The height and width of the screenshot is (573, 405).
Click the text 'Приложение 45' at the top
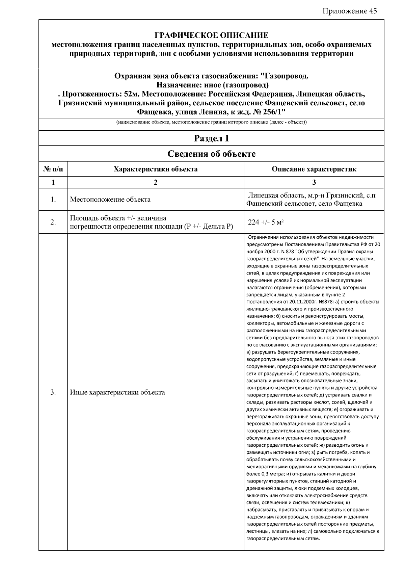(x=350, y=11)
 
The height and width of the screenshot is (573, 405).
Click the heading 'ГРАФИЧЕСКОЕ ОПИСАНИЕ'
(x=211, y=35)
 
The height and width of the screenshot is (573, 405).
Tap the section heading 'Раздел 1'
(x=211, y=138)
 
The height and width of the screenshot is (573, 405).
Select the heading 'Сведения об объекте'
(x=211, y=154)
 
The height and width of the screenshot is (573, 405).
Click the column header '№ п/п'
(x=53, y=169)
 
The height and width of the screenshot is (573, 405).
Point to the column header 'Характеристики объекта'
(x=155, y=169)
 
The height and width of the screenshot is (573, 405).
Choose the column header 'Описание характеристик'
(x=314, y=169)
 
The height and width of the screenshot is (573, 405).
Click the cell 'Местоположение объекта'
(x=110, y=200)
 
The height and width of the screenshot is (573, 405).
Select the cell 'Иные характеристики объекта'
(x=117, y=392)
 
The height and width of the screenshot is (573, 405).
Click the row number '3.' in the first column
(x=53, y=392)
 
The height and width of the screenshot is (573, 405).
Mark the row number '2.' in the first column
(x=53, y=222)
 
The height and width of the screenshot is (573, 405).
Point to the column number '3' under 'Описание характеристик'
(x=314, y=182)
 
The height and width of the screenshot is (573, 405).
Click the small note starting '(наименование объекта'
(x=211, y=122)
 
